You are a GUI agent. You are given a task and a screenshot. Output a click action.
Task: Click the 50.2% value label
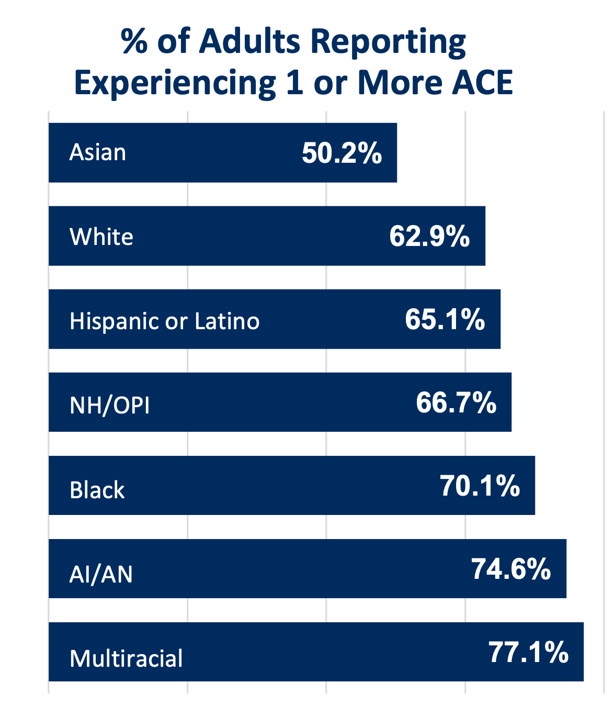click(342, 153)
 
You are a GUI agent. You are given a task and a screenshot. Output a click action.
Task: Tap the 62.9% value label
click(429, 236)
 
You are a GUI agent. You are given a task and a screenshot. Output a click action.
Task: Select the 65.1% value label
click(445, 319)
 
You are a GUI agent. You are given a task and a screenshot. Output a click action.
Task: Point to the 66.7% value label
click(456, 403)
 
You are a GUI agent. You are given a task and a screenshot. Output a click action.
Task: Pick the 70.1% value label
click(480, 486)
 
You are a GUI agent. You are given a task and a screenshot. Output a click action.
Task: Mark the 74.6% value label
click(511, 569)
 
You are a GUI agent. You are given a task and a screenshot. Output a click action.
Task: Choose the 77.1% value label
click(528, 652)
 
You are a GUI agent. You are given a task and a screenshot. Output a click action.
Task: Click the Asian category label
click(98, 153)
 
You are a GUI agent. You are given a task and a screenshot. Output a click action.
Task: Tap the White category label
click(101, 237)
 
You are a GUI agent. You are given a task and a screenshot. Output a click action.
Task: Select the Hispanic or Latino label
click(164, 321)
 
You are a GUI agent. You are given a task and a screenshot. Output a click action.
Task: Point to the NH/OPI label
click(110, 406)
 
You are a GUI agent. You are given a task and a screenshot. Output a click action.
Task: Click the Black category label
click(97, 490)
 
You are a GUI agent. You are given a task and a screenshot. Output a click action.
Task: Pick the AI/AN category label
click(101, 575)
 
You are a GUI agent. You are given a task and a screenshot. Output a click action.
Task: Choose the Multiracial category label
click(126, 658)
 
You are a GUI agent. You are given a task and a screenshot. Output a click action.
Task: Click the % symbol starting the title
click(134, 41)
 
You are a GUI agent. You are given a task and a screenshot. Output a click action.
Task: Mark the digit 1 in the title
click(295, 83)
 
